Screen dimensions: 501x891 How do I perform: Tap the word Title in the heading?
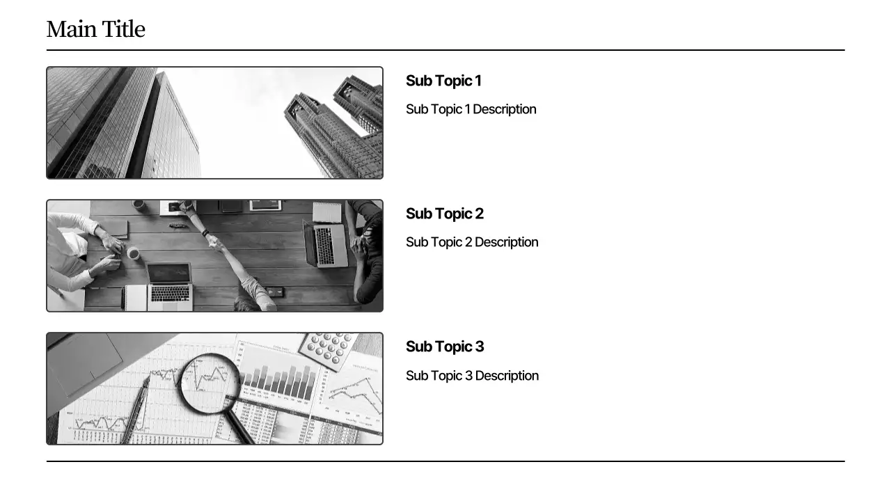[x=123, y=29]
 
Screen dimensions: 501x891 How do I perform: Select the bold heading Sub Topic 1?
[x=443, y=81]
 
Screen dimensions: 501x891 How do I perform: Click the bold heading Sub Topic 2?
[x=444, y=214]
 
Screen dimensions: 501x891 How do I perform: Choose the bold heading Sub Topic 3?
[x=444, y=347]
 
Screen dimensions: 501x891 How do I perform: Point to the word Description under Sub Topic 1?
[x=505, y=109]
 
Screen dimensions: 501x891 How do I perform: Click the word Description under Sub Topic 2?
[x=506, y=242]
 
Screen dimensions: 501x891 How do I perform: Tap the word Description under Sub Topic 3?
[x=507, y=376]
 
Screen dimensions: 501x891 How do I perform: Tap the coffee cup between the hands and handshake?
[x=133, y=253]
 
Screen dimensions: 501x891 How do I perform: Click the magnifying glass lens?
[x=210, y=382]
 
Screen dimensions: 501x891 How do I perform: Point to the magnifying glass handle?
[x=240, y=427]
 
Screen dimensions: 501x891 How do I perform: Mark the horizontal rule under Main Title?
[x=445, y=50]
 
